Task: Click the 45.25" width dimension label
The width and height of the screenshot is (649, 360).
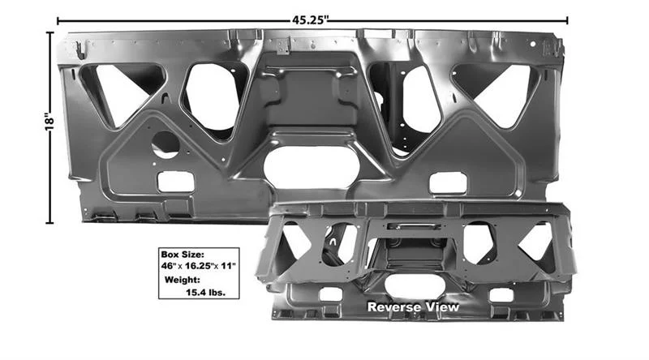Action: pyautogui.click(x=310, y=19)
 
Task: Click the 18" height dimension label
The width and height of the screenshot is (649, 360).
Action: pyautogui.click(x=49, y=122)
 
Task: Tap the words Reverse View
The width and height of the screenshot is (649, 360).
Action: pyautogui.click(x=413, y=307)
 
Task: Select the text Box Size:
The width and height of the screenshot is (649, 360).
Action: pyautogui.click(x=183, y=255)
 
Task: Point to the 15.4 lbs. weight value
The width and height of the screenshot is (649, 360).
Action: pyautogui.click(x=206, y=293)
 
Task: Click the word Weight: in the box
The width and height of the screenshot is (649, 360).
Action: pyautogui.click(x=182, y=280)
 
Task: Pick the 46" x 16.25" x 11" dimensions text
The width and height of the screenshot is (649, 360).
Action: pyautogui.click(x=198, y=266)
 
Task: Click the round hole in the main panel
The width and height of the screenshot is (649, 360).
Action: pyautogui.click(x=165, y=145)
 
